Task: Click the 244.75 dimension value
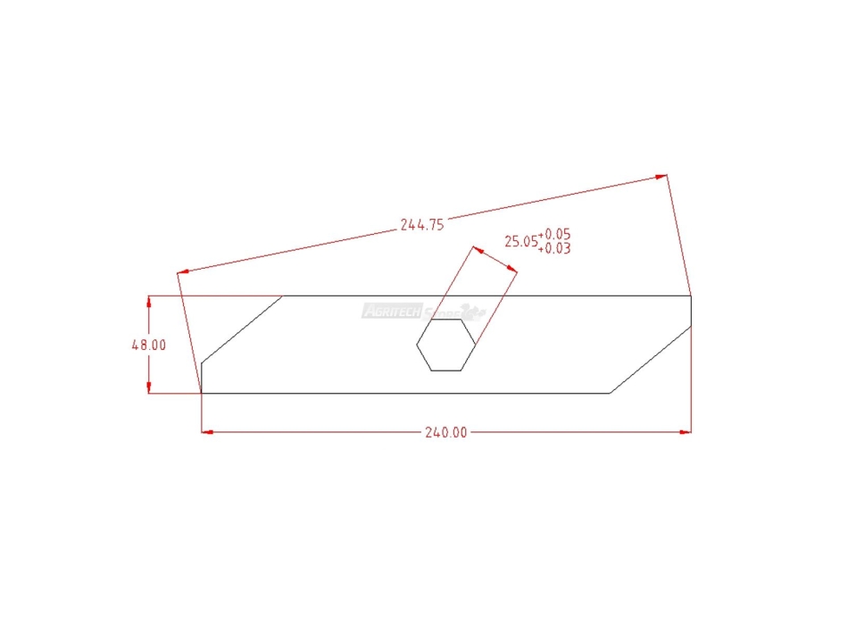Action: click(422, 225)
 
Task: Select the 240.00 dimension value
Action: click(445, 433)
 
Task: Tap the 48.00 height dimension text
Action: click(149, 345)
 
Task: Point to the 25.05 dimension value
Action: click(520, 241)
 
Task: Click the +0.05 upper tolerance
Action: click(553, 235)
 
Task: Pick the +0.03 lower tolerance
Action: click(553, 249)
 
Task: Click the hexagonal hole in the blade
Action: click(445, 345)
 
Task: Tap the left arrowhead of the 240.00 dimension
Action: click(207, 433)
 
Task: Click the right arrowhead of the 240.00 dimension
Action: click(686, 433)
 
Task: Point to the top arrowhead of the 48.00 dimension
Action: click(149, 301)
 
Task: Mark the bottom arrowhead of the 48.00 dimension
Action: click(149, 387)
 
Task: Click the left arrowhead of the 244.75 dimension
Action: click(183, 271)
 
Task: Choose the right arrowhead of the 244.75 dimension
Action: click(661, 176)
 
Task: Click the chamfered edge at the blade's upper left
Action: click(242, 329)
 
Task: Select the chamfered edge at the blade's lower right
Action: click(650, 360)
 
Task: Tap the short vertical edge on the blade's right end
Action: click(691, 310)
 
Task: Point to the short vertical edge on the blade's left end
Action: click(202, 378)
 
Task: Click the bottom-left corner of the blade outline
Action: click(202, 393)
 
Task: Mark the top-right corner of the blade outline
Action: click(691, 296)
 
